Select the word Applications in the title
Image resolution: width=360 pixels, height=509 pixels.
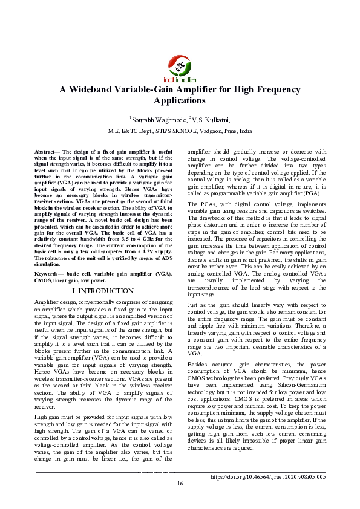180,101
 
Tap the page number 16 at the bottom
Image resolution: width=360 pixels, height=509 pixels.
180,500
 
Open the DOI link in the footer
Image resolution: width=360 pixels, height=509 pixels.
268,493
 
